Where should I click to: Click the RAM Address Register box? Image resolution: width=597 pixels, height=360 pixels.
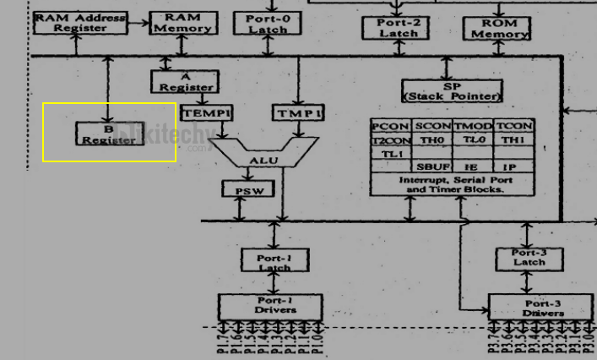(81, 23)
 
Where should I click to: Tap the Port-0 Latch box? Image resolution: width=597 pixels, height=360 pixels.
(268, 23)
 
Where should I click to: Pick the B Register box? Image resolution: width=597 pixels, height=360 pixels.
(108, 134)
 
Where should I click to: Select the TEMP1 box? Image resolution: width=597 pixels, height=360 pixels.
(206, 113)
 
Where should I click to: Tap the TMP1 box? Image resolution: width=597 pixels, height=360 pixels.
(296, 113)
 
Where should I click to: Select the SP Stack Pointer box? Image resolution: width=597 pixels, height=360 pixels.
(451, 91)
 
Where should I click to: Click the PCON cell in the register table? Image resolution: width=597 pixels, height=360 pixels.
(390, 126)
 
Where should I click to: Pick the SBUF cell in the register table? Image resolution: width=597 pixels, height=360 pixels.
(432, 167)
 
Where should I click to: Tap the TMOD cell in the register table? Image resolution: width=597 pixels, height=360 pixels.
(473, 126)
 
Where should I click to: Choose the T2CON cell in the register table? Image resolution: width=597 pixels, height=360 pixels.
(390, 140)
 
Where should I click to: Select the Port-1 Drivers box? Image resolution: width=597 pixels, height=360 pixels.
(271, 305)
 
